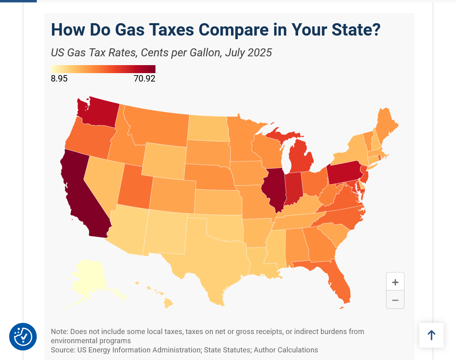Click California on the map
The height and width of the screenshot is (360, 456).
pos(80,192)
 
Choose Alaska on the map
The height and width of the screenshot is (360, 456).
pos(90,279)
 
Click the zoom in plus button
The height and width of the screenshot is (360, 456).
pos(395,282)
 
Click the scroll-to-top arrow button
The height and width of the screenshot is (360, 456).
pos(431,335)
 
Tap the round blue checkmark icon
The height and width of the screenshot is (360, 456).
pos(23,336)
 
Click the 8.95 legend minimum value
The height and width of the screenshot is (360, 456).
pos(59,79)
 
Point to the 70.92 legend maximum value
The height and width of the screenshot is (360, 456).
pos(145,79)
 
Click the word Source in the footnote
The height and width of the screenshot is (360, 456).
pos(62,350)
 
